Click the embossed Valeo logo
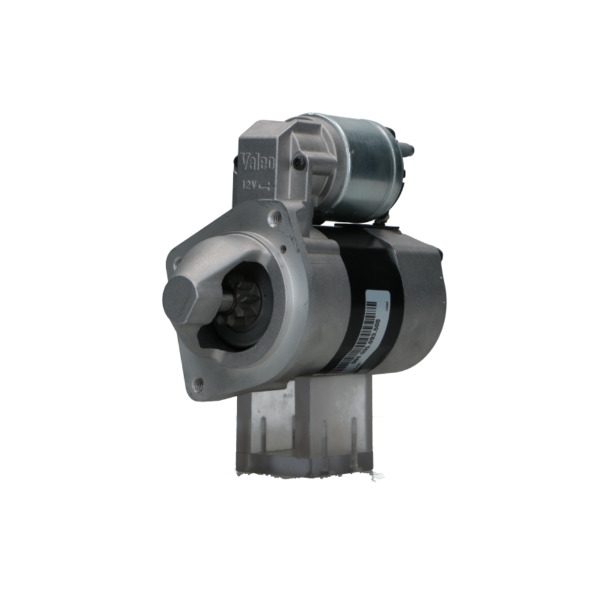click(258, 162)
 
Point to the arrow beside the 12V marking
click(265, 187)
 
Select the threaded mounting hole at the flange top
click(275, 219)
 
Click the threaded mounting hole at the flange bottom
click(199, 384)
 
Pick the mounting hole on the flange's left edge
click(177, 261)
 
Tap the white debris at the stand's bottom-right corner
click(376, 477)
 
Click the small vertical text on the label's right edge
click(386, 304)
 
